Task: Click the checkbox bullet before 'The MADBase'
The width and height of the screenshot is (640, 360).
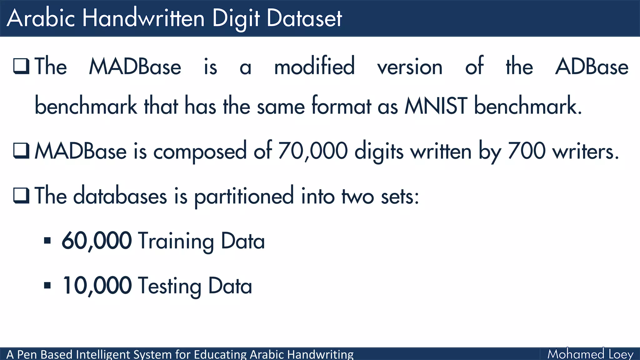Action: click(x=21, y=66)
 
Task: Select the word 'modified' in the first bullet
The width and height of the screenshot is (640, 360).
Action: click(x=314, y=66)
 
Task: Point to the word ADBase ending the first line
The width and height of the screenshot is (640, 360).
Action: click(x=592, y=66)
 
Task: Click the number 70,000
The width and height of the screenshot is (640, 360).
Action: click(x=312, y=151)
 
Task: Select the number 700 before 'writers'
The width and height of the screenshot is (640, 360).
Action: click(x=527, y=151)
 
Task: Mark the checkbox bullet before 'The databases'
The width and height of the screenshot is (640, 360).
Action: click(x=21, y=196)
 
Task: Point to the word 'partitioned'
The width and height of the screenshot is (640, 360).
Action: click(x=244, y=196)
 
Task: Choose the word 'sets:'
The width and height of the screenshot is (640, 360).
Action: click(x=400, y=196)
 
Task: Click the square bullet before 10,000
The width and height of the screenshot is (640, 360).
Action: click(x=47, y=285)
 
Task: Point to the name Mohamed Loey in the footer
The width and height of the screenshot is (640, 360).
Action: click(x=590, y=354)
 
